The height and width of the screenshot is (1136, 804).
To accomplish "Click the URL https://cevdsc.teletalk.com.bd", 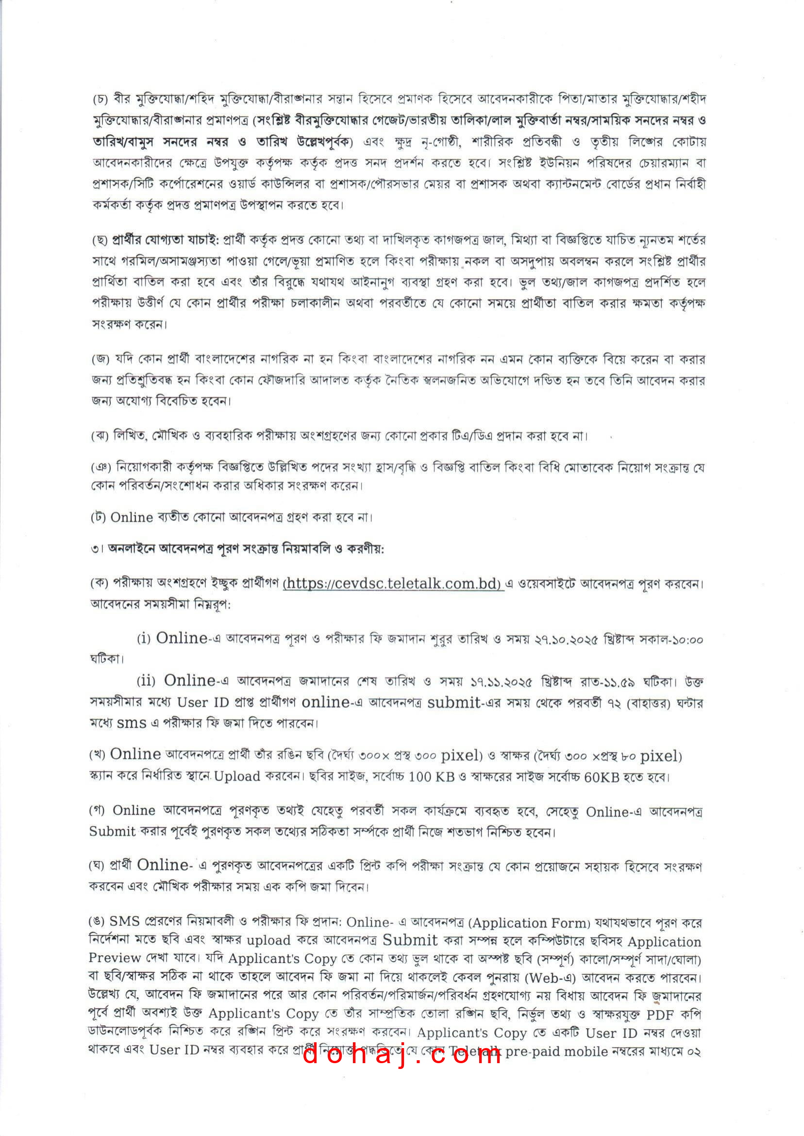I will click(393, 583).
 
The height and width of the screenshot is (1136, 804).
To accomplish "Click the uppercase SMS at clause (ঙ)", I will click(125, 921).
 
